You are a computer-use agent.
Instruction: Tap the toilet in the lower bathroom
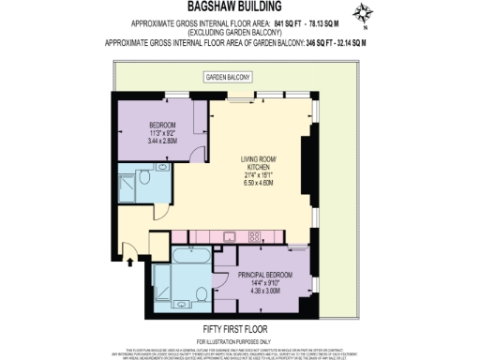200,294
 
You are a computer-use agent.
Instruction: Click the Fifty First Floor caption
239,329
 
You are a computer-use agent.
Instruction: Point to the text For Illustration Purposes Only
239,338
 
